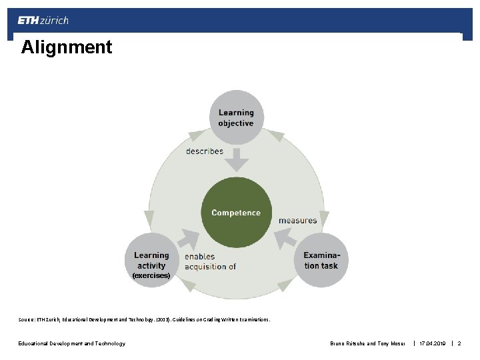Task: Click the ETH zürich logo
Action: click(x=43, y=20)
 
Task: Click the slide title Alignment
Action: click(x=67, y=47)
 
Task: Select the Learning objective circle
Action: click(x=236, y=117)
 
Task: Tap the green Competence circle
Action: click(x=236, y=213)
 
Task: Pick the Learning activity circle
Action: click(x=151, y=261)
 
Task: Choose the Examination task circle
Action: click(x=321, y=261)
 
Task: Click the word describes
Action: click(x=205, y=151)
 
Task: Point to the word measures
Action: click(x=298, y=220)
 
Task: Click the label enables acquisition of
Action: click(x=210, y=261)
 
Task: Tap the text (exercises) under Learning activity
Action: click(x=151, y=275)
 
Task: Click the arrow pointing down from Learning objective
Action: click(x=236, y=160)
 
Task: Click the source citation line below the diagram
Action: click(x=144, y=320)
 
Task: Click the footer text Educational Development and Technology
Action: click(x=71, y=343)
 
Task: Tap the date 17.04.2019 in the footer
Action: click(x=432, y=343)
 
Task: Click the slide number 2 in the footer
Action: click(x=459, y=343)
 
